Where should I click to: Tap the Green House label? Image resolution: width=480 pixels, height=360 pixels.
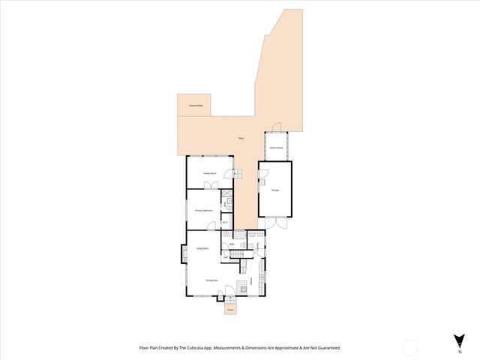coord(275,148)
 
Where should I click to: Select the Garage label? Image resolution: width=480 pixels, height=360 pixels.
coord(275,190)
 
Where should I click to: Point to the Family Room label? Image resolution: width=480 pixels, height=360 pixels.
coord(210,173)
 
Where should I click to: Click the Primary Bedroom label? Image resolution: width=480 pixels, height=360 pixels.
coord(204,211)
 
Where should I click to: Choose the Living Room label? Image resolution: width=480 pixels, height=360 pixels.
coord(202,248)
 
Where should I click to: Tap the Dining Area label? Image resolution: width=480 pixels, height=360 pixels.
coord(211,280)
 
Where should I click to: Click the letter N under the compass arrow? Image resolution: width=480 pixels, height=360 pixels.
coord(459,351)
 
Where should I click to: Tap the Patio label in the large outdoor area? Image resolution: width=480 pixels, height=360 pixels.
coord(240,139)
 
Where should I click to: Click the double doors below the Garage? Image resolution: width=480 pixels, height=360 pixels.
coord(275,223)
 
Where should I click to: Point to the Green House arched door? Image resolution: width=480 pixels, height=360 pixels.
coord(276,128)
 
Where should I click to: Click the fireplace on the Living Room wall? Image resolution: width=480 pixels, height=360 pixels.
coord(183,255)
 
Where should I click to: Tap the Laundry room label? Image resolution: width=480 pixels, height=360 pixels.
coord(258,244)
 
